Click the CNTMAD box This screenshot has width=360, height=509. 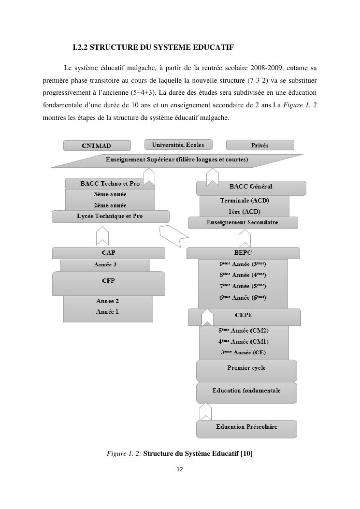tap(97, 145)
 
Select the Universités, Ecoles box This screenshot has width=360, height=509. tap(178, 145)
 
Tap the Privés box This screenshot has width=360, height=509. tap(260, 145)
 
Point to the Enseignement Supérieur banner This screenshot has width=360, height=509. tap(177, 160)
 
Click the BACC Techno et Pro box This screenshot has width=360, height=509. tap(110, 184)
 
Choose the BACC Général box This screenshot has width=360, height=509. tap(251, 187)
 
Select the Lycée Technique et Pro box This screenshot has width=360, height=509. tap(110, 216)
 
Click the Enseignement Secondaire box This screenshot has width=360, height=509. tap(243, 223)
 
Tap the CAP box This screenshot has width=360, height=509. tap(108, 253)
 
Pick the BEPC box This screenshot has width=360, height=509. tap(243, 253)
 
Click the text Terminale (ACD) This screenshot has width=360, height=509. tap(245, 201)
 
